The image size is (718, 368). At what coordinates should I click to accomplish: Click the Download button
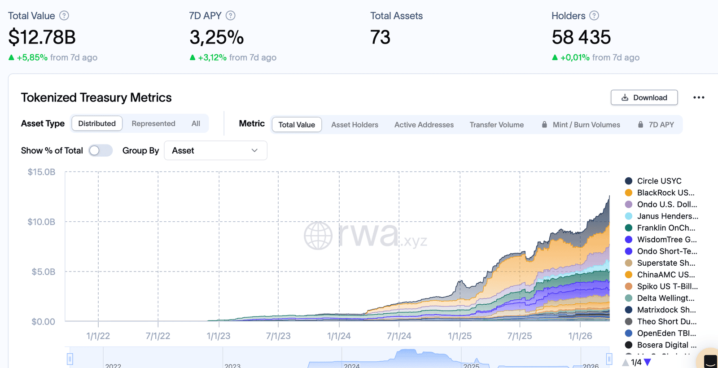[x=644, y=97]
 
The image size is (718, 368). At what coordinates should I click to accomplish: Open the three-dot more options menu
[x=699, y=97]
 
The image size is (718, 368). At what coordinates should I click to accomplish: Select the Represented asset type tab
[x=153, y=123]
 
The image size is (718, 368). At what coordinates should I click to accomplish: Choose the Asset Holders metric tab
[x=355, y=125]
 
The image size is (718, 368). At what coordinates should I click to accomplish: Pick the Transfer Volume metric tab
[x=496, y=125]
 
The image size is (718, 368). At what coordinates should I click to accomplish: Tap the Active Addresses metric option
[x=424, y=125]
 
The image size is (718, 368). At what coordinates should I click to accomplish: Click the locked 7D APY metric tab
[x=656, y=125]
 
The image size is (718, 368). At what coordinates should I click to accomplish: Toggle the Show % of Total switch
[x=100, y=150]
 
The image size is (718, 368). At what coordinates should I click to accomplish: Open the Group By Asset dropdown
[x=215, y=150]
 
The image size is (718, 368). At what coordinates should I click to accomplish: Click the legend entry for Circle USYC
[x=659, y=181]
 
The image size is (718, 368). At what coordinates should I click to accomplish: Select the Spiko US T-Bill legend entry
[x=667, y=286]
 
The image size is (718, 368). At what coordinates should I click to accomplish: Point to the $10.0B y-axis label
[x=41, y=222]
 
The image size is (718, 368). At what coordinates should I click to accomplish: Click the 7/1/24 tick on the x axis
[x=399, y=336]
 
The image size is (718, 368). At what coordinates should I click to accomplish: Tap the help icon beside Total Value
[x=64, y=16]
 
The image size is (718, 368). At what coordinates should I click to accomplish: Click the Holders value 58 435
[x=581, y=37]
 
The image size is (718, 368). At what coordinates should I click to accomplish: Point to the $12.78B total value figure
[x=42, y=37]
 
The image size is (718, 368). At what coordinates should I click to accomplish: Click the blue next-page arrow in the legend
[x=647, y=362]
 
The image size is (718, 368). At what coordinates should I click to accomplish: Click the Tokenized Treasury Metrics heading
[x=96, y=97]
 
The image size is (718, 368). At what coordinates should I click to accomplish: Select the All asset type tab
[x=196, y=123]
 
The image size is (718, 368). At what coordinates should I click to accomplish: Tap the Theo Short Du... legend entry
[x=666, y=321]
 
